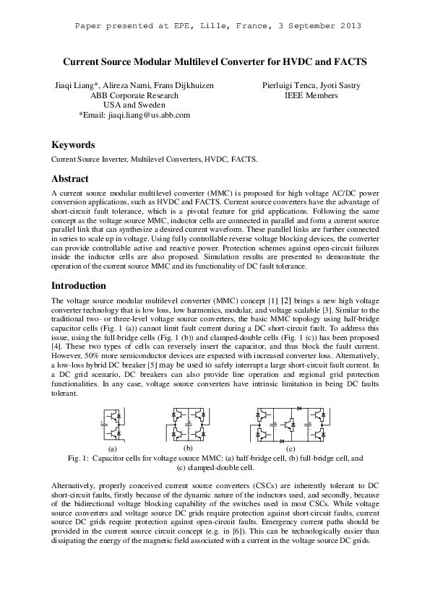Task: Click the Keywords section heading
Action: [x=73, y=144]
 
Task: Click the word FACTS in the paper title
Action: [x=347, y=63]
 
